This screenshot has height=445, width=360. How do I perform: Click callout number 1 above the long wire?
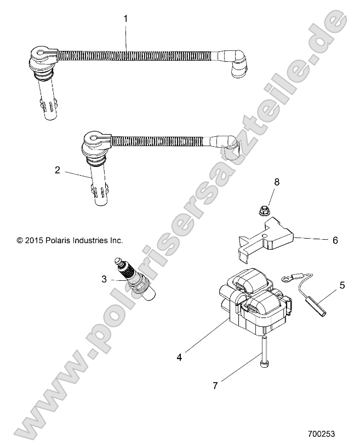click(x=125, y=19)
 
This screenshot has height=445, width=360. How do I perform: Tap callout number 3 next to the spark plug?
click(x=104, y=279)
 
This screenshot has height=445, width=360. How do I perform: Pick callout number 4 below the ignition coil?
click(x=179, y=357)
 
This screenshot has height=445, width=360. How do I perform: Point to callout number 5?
click(x=342, y=285)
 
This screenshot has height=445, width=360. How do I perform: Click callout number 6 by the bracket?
click(x=335, y=240)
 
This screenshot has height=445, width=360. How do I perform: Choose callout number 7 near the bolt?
click(x=215, y=385)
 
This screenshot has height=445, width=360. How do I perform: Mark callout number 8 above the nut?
click(x=277, y=182)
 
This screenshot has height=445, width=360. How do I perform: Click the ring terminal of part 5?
click(x=285, y=280)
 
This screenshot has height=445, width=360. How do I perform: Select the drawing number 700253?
click(x=321, y=434)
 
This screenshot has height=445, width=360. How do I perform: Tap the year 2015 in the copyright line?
click(x=34, y=240)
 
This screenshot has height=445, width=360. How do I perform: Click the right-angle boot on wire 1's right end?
click(x=233, y=62)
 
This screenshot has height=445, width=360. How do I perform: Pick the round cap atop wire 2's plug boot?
click(x=93, y=139)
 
